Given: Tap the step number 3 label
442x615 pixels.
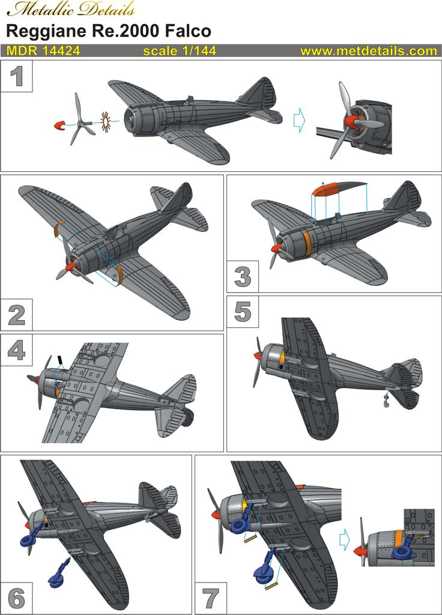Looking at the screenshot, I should click(x=242, y=277).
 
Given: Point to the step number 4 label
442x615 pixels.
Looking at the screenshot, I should click(x=16, y=350).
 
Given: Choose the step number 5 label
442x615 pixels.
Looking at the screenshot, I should click(x=243, y=312).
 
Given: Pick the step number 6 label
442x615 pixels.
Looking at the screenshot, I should click(x=16, y=598).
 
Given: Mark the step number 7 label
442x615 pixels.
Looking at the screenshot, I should click(x=210, y=598).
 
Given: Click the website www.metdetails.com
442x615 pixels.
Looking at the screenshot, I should click(x=368, y=52).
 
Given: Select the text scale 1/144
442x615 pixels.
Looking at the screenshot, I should click(x=180, y=52).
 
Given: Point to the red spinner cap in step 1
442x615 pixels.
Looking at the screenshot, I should click(x=59, y=125).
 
